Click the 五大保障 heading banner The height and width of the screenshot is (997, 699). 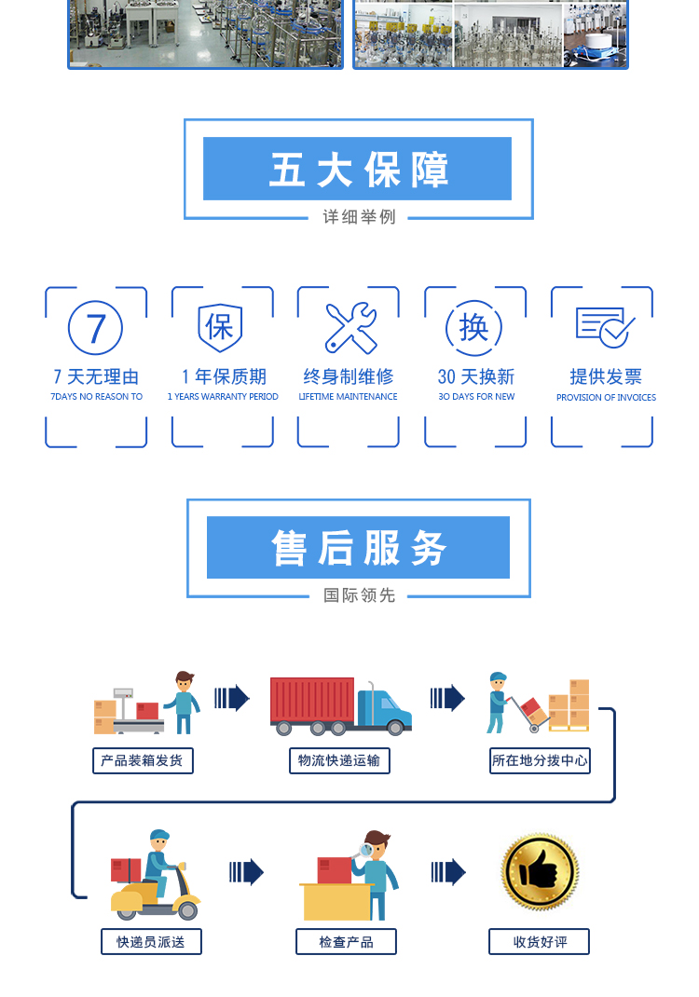pos(358,169)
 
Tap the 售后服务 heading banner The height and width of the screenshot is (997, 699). pos(358,548)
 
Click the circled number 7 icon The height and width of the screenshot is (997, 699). pos(96,328)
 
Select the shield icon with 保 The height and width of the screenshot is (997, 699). pos(222,327)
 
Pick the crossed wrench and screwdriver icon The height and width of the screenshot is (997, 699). pos(349,328)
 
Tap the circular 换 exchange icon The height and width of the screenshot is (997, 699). pos(475,327)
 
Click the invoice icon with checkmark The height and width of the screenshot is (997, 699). pos(604,327)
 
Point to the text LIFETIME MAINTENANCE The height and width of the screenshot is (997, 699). pos(348,397)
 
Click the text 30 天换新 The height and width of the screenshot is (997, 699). pos(476,376)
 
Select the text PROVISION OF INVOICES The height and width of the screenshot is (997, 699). pos(606,397)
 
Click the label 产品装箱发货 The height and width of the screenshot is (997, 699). pos(142,760)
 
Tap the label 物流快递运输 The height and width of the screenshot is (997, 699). pos(338,760)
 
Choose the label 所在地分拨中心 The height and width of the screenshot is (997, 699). pos(540,760)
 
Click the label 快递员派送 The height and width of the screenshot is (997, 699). pos(151,942)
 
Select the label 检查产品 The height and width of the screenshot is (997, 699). pos(346,942)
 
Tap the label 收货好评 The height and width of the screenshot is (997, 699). pos(540,942)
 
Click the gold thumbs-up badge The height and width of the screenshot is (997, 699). pos(540,873)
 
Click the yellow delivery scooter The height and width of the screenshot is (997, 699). pos(157,895)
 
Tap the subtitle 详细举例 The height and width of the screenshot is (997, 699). pos(359,217)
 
